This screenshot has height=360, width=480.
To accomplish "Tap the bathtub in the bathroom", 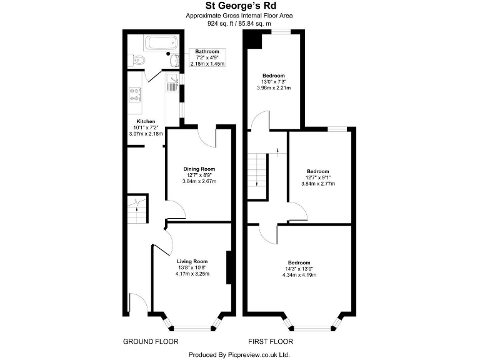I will (x=162, y=44).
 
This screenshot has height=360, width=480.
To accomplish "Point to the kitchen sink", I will (x=173, y=82).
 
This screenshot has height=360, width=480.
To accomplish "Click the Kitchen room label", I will (x=145, y=121).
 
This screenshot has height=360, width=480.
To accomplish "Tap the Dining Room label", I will (x=199, y=169).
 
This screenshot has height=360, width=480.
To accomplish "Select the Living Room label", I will (x=192, y=261).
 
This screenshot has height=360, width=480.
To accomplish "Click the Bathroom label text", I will (x=207, y=52).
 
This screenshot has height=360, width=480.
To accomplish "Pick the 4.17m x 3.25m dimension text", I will (x=192, y=274).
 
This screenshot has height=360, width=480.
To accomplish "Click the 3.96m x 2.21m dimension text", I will (x=273, y=87).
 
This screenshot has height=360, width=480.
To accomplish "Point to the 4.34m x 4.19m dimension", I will (x=299, y=275).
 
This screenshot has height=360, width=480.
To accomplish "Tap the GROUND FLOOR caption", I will (x=151, y=341).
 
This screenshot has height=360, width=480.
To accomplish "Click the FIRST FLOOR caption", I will (x=271, y=341).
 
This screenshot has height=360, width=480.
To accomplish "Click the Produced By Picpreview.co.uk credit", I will (x=239, y=354).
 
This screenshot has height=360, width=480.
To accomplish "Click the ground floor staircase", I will (x=137, y=210).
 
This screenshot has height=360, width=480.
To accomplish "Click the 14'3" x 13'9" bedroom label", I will (x=299, y=269).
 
